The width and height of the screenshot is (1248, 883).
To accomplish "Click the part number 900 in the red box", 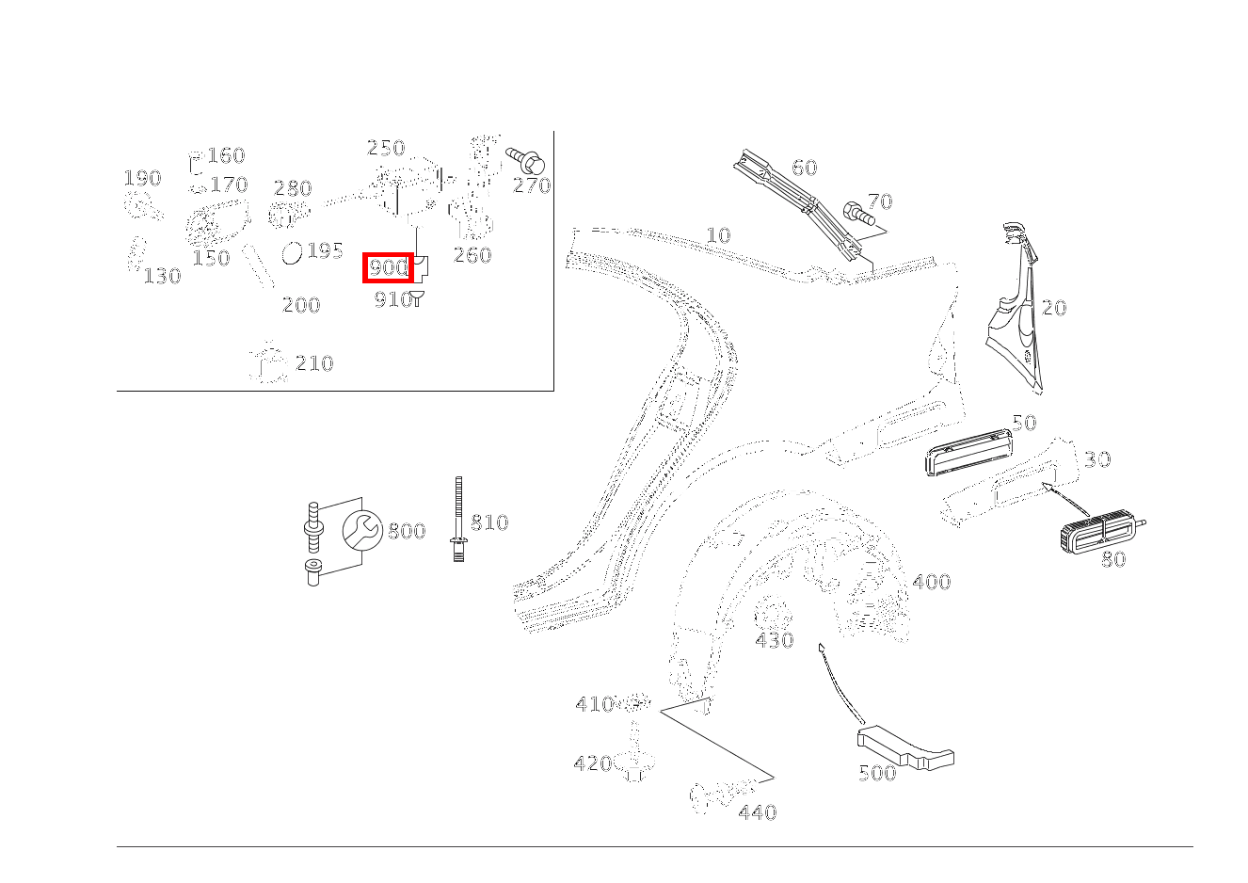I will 388,268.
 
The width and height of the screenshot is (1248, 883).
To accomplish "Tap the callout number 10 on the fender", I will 718,235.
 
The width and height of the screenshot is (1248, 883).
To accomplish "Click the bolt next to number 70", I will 856,213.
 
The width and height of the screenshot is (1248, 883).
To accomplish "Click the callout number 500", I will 877,774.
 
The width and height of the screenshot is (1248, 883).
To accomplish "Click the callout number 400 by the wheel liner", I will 932,583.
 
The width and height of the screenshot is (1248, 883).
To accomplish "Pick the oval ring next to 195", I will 293,252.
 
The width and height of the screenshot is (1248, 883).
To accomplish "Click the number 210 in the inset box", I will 314,363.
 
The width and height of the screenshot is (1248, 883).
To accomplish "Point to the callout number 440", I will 758,812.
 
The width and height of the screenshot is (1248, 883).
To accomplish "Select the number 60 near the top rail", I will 805,168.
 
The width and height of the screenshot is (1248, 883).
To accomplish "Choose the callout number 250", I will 386,148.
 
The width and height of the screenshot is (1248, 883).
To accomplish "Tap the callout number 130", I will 162,276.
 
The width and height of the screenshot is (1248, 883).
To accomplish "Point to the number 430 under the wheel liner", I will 775,641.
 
